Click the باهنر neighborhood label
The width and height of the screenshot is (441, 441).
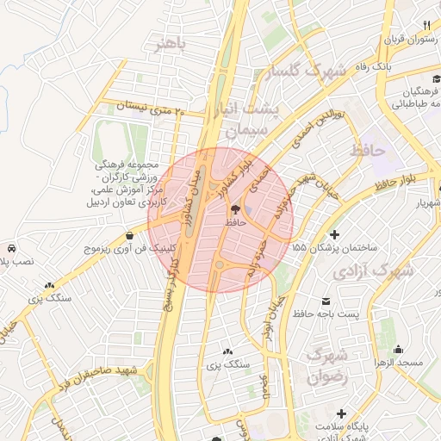170,44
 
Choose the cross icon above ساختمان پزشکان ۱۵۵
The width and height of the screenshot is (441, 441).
334,234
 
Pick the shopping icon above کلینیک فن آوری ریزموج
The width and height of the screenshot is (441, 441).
129,235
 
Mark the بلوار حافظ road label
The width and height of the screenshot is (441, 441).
398,183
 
